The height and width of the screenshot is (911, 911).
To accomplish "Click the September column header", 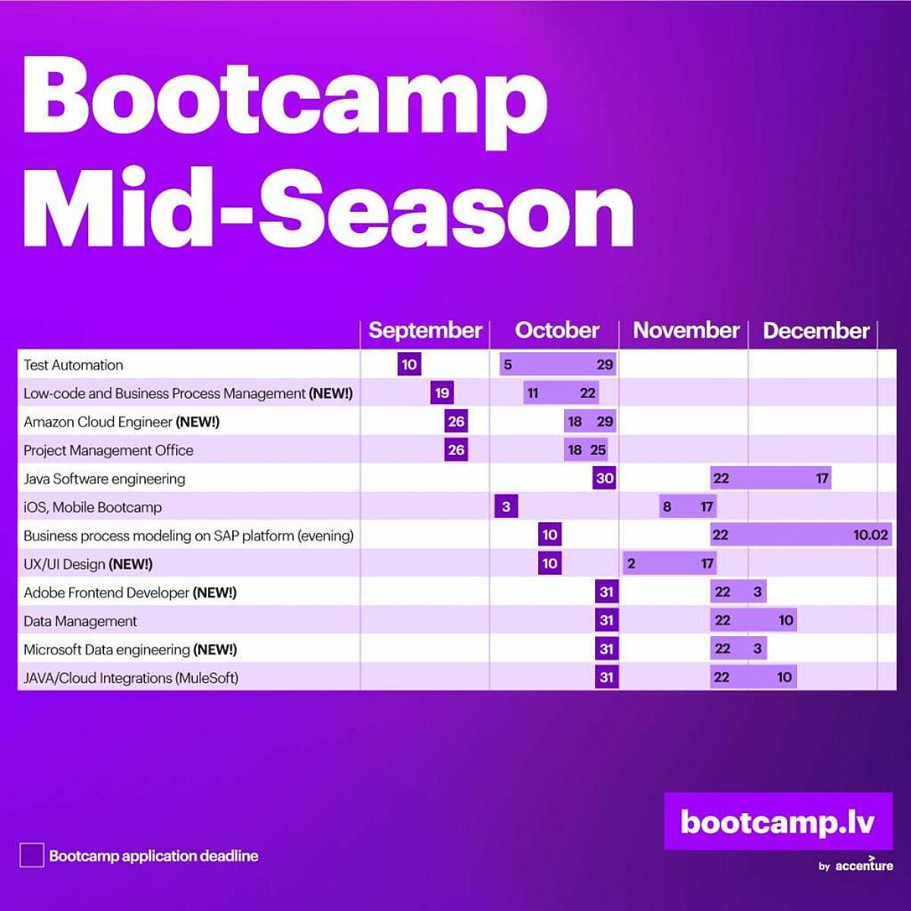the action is point(425,330).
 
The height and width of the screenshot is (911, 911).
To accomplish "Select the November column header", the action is point(686,330).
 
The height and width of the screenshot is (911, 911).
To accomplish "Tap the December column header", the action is point(816,330).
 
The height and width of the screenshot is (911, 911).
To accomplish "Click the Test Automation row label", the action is point(74,365).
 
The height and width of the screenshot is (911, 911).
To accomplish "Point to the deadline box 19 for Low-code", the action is point(442,392).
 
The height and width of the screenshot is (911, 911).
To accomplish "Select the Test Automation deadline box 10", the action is point(409,364).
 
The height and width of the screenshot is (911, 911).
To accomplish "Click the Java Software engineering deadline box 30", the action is point(604,478).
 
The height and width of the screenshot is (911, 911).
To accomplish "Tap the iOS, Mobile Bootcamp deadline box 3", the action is point(506,507).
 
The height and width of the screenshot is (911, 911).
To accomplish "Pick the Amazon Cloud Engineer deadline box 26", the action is point(456,421).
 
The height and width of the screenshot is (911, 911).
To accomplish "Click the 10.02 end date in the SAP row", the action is point(870,535).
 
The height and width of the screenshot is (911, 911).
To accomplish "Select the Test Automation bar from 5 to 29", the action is point(558,364).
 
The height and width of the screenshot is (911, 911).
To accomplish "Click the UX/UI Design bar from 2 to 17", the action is point(670,563).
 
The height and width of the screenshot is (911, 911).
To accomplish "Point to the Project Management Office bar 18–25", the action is point(586,449).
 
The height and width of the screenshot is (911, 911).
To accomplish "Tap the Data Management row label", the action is point(80,621).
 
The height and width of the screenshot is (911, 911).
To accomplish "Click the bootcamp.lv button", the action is point(778,821).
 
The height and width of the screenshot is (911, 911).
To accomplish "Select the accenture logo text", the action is point(864,865).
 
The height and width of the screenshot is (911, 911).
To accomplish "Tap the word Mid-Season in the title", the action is point(329,206).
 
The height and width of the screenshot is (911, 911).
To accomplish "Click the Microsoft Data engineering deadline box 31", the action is point(607,648).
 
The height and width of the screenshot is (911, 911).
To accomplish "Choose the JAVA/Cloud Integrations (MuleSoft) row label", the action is point(131,678).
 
